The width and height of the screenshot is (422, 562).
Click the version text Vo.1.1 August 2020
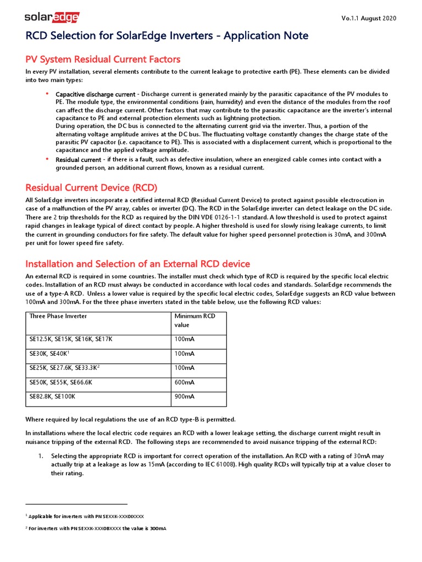click(x=369, y=18)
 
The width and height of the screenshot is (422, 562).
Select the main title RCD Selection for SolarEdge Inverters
click(x=167, y=36)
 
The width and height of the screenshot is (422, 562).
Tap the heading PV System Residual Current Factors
click(x=103, y=59)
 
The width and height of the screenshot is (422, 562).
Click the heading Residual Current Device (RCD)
click(x=92, y=188)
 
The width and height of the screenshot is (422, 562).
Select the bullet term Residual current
click(x=78, y=160)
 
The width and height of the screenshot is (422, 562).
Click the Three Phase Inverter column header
click(x=58, y=316)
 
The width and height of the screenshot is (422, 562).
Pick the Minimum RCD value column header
click(x=195, y=321)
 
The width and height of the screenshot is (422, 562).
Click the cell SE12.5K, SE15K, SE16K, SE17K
click(x=71, y=339)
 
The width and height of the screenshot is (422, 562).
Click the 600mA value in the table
click(x=184, y=382)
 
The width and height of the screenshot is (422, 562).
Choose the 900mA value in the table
click(x=184, y=396)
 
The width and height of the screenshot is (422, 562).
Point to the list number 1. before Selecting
click(x=41, y=456)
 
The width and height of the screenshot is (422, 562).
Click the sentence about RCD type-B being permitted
click(x=131, y=420)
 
